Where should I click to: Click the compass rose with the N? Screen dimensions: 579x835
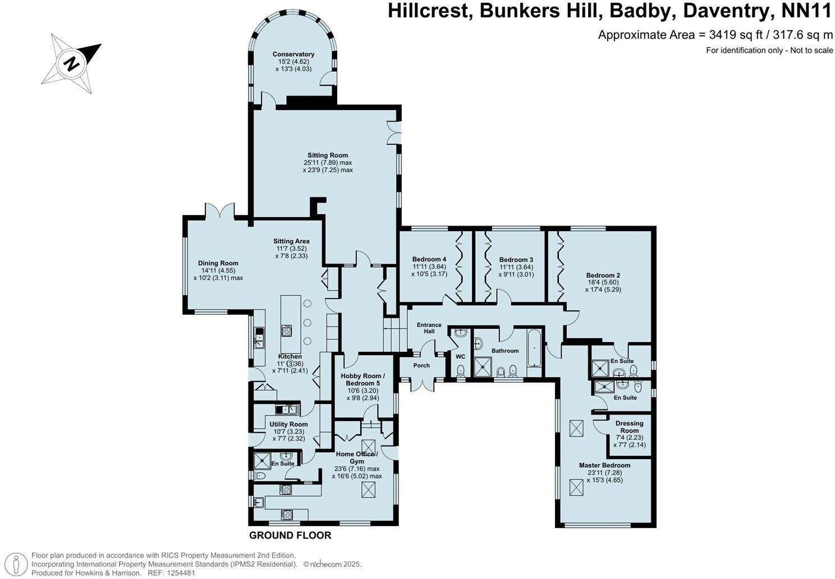point(72,63)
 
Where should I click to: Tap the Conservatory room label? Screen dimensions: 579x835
point(293,54)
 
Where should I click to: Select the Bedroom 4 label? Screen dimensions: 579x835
point(429,259)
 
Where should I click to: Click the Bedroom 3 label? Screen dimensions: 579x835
point(516,260)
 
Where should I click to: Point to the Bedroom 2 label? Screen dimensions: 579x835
point(603,275)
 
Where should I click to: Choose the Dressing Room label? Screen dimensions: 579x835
point(629,427)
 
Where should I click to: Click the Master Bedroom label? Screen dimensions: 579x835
point(604,465)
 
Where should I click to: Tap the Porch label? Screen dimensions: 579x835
point(421,365)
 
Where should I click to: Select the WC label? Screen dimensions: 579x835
point(460,357)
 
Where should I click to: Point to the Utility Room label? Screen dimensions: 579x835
point(288,424)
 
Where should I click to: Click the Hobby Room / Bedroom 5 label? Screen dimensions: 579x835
point(363,379)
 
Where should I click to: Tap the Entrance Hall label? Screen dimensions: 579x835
point(429,328)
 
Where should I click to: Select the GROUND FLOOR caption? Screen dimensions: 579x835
point(290,535)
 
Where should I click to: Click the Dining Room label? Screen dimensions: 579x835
point(218,263)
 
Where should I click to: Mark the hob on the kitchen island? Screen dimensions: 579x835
point(287,330)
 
